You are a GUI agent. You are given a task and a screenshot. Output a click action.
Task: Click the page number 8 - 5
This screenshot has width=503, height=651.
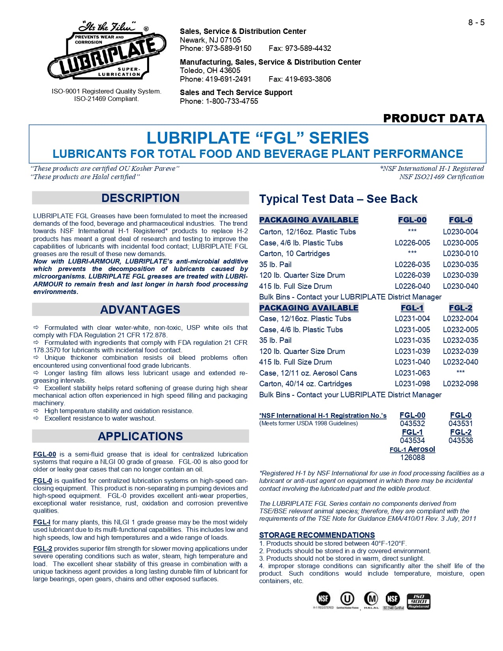point(476,22)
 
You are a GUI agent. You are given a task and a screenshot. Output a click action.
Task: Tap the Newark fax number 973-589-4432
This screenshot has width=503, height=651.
point(300,49)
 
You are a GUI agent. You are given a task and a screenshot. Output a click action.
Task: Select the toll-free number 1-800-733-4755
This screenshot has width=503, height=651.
point(232,101)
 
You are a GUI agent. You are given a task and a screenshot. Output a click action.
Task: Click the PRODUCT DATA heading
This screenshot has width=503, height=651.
point(434,118)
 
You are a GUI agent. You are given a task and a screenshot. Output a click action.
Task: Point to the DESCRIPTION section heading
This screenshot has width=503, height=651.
point(140,198)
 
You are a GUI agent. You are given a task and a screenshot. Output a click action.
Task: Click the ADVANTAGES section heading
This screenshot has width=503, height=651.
point(140,310)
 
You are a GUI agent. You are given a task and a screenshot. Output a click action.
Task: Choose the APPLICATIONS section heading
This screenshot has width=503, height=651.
point(140,436)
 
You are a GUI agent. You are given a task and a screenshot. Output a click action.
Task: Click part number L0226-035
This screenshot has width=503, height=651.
point(412,265)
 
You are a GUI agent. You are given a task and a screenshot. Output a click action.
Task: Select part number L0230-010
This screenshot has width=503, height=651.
point(460,254)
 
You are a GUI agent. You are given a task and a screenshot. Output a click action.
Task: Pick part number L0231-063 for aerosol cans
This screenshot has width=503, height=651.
point(412,373)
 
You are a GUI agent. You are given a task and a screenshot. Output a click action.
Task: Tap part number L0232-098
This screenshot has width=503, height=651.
point(460,384)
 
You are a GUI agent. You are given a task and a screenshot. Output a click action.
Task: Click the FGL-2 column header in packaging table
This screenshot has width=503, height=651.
point(460,308)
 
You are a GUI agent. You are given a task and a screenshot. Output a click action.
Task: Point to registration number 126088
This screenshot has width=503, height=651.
point(412,458)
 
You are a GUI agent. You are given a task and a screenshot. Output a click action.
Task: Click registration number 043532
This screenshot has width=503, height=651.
point(412,424)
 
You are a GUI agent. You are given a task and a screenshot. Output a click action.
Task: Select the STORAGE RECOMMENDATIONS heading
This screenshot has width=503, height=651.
point(317,535)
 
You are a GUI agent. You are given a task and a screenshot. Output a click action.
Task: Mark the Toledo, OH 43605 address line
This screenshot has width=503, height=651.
point(210,71)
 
